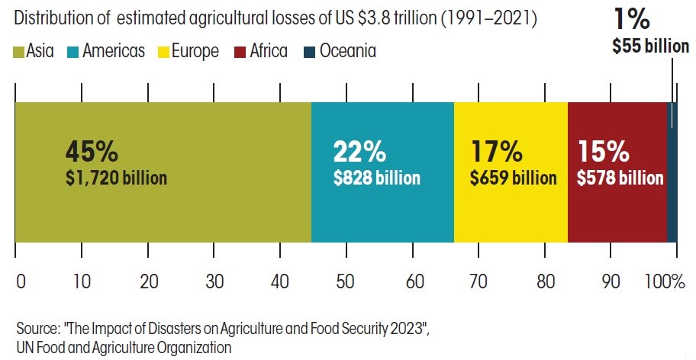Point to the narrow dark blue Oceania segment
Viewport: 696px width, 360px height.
pyautogui.click(x=672, y=172)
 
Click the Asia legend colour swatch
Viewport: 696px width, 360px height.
pyautogui.click(x=19, y=52)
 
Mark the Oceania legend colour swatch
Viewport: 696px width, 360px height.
pyautogui.click(x=308, y=52)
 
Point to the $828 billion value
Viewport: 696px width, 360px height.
pyautogui.click(x=377, y=178)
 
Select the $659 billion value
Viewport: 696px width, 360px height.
pyautogui.click(x=513, y=178)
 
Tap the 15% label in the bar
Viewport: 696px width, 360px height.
pyautogui.click(x=603, y=152)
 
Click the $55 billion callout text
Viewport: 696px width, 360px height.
pyautogui.click(x=650, y=47)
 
